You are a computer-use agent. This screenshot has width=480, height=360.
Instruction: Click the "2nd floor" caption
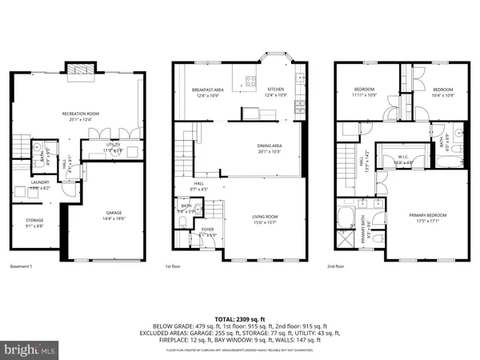345,266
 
